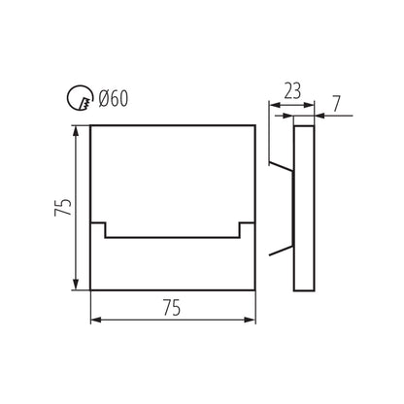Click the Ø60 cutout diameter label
(114, 98)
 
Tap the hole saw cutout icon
(80, 98)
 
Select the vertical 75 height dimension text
(63, 207)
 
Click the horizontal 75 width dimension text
(172, 308)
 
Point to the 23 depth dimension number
(292, 91)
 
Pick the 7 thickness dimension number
(337, 104)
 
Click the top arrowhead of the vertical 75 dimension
(76, 131)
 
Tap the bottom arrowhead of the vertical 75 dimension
(76, 284)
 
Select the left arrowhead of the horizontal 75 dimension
(97, 320)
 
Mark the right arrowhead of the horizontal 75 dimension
(250, 320)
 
